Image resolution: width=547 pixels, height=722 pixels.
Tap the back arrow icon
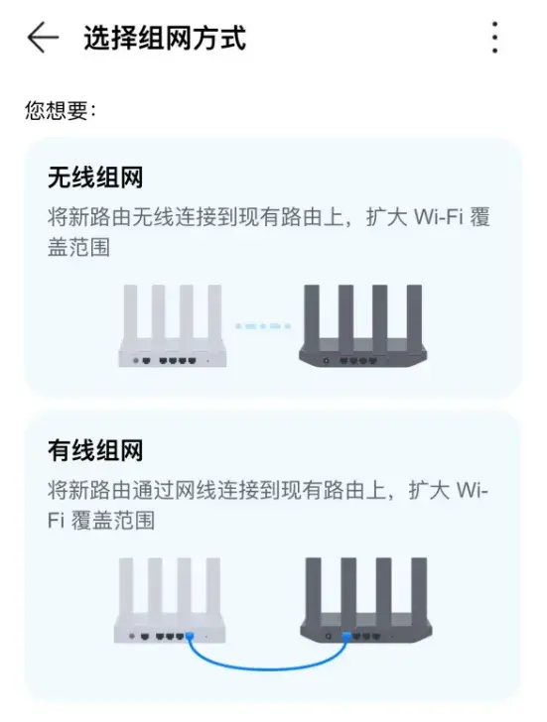43,38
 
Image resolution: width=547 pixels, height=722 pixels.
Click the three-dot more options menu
494,38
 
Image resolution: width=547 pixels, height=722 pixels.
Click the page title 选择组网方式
165,38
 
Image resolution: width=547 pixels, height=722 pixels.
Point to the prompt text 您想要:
61,110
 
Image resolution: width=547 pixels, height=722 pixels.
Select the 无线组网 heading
95,178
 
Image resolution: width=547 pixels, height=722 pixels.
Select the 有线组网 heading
95,450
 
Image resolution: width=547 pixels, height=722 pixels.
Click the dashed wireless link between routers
263,326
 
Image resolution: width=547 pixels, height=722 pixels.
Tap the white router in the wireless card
173,325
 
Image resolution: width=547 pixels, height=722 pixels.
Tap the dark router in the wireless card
362,325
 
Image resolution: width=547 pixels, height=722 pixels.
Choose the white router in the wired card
170,600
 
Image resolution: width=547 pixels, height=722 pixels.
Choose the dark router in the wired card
366,600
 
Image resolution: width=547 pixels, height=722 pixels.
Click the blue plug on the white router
190,637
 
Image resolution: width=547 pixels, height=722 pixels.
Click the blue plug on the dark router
346,637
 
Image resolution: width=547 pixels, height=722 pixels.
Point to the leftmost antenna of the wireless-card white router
130,313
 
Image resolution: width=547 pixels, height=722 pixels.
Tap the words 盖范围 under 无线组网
78,247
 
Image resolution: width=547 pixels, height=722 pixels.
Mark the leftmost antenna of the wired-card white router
126,586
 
